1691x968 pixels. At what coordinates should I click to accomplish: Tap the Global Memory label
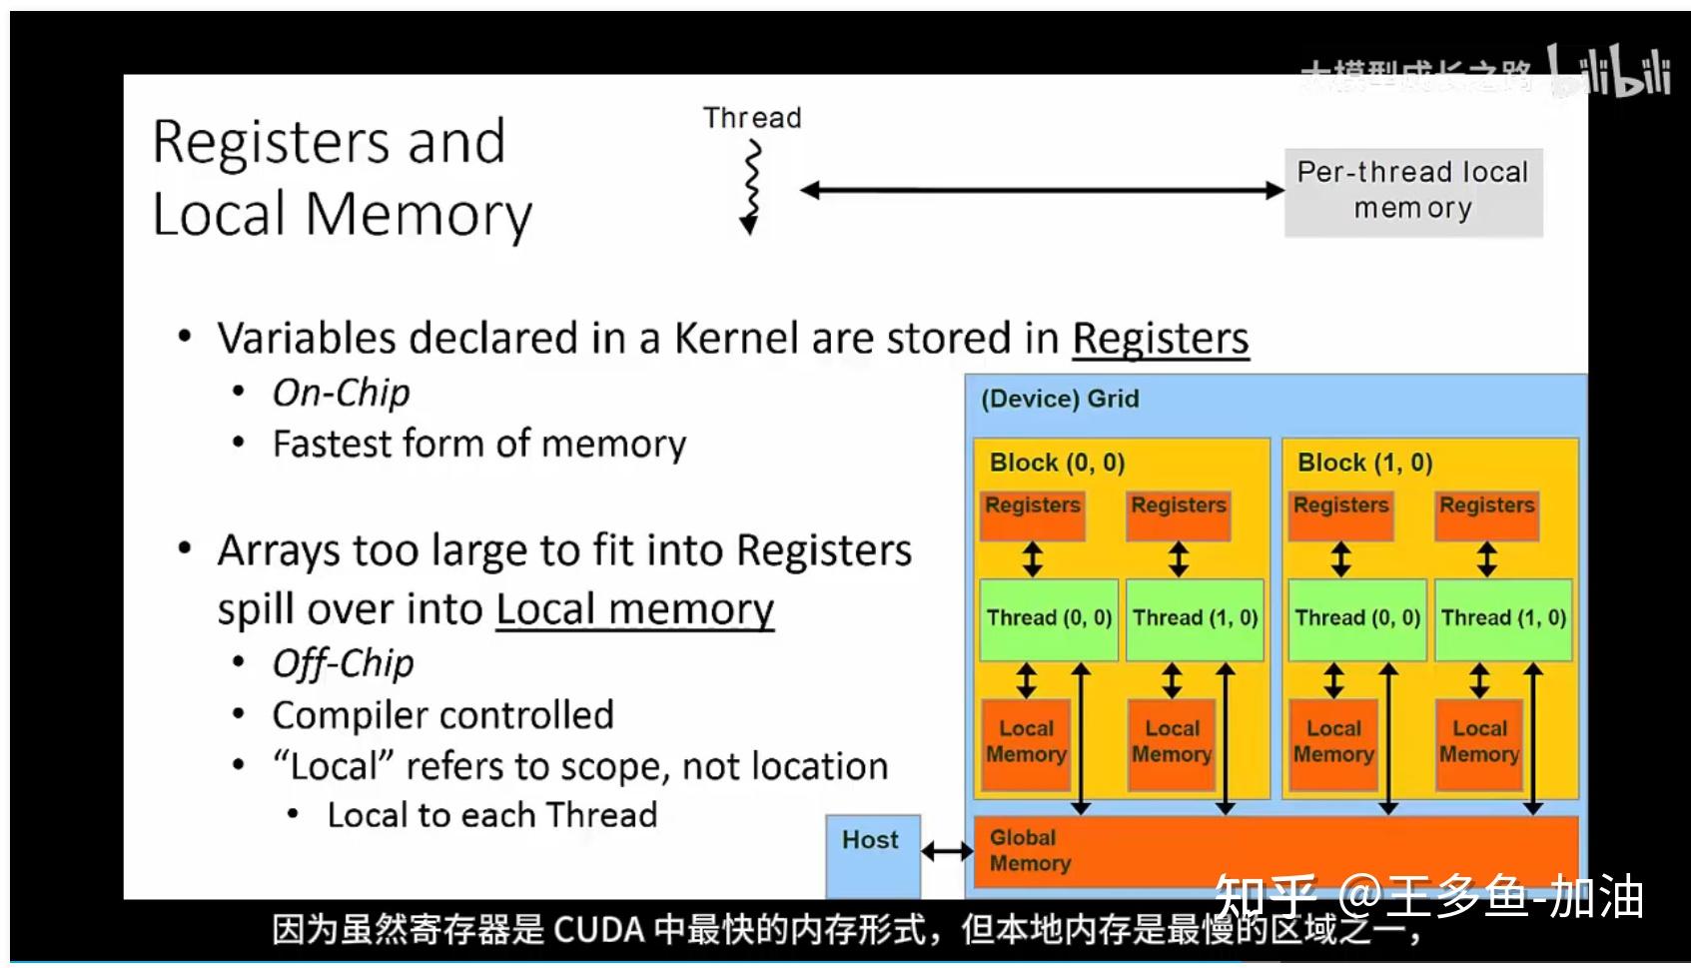pyautogui.click(x=1030, y=850)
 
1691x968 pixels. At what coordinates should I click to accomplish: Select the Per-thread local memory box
pyautogui.click(x=1412, y=191)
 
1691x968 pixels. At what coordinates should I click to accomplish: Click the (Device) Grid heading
pyautogui.click(x=1060, y=399)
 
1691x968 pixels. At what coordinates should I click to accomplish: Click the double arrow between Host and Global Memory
pyautogui.click(x=946, y=852)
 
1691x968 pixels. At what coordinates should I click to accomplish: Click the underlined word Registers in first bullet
pyautogui.click(x=1160, y=339)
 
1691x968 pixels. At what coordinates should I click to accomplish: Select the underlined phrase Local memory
pyautogui.click(x=634, y=608)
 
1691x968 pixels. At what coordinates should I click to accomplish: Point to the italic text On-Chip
pyautogui.click(x=342, y=393)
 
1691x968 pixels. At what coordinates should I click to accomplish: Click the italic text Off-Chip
pyautogui.click(x=343, y=663)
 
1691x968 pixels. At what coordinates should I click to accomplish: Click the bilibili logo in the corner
pyautogui.click(x=1609, y=72)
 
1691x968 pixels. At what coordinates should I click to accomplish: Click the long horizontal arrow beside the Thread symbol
pyautogui.click(x=1042, y=191)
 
